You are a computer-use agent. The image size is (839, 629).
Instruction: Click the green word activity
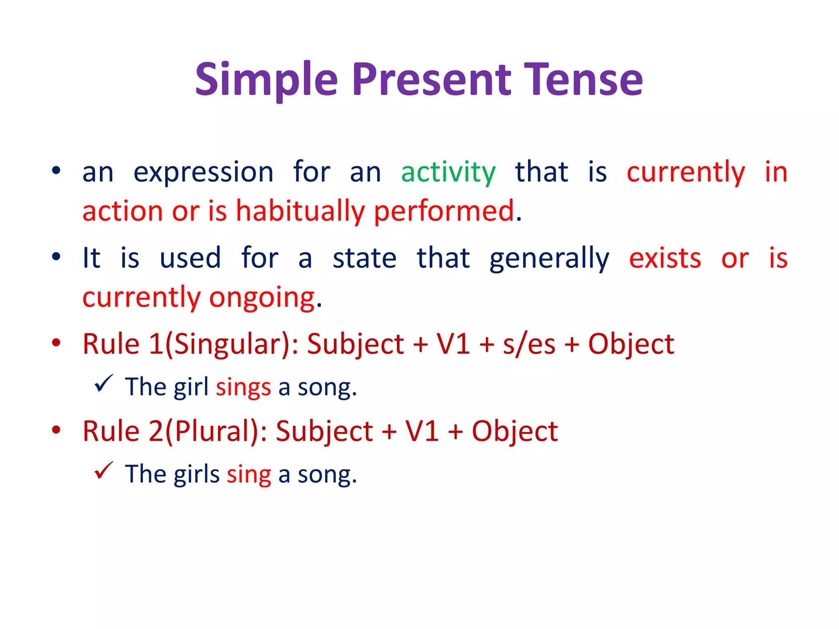pos(448,172)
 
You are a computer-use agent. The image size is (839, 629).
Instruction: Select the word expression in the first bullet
pos(203,172)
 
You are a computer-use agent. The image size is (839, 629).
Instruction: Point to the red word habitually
pos(300,211)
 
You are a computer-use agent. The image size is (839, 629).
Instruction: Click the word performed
pos(444,211)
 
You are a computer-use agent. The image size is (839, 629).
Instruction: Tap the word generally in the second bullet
pos(549,258)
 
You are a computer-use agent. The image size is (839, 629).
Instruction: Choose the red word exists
pos(665,258)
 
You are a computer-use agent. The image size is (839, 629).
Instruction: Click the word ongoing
pos(262,298)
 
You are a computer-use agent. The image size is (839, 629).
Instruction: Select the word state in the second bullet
pos(364,258)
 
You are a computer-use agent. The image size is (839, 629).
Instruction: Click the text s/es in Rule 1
pos(529,344)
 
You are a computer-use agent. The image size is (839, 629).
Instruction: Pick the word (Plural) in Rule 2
pos(215,431)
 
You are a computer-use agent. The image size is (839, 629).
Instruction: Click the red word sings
pos(243,387)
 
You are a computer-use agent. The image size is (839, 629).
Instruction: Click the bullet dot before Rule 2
pos(56,430)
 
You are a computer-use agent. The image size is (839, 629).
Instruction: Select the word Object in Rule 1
pos(631,344)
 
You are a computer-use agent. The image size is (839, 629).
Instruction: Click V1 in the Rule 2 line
pos(422,431)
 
